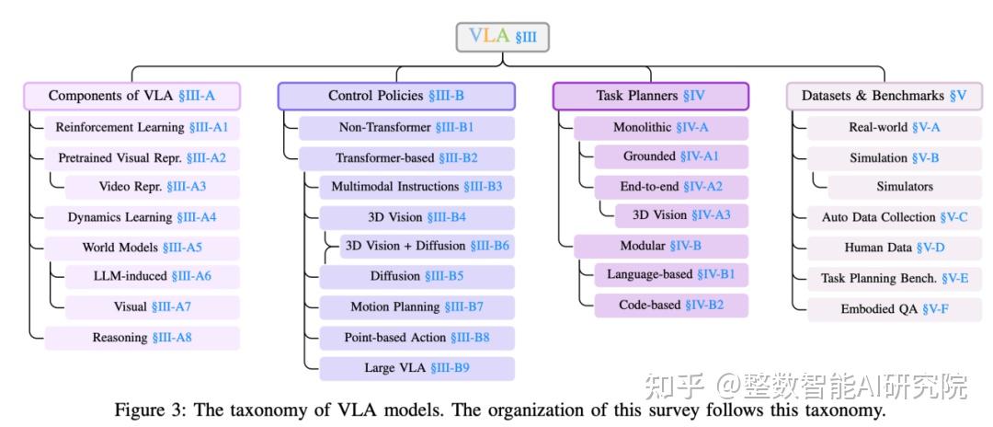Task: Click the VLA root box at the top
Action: point(502,37)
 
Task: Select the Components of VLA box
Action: point(131,96)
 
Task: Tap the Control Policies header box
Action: point(396,96)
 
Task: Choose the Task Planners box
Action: point(650,96)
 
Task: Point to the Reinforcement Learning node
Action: point(142,127)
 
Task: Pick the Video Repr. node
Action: point(153,187)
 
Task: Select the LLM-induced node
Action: point(153,276)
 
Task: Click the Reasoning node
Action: point(142,338)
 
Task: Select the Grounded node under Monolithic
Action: point(671,156)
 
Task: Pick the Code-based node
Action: point(671,306)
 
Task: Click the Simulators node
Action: point(904,187)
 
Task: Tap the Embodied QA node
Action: point(894,309)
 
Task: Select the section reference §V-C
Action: point(960,218)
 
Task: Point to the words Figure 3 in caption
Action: point(144,410)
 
